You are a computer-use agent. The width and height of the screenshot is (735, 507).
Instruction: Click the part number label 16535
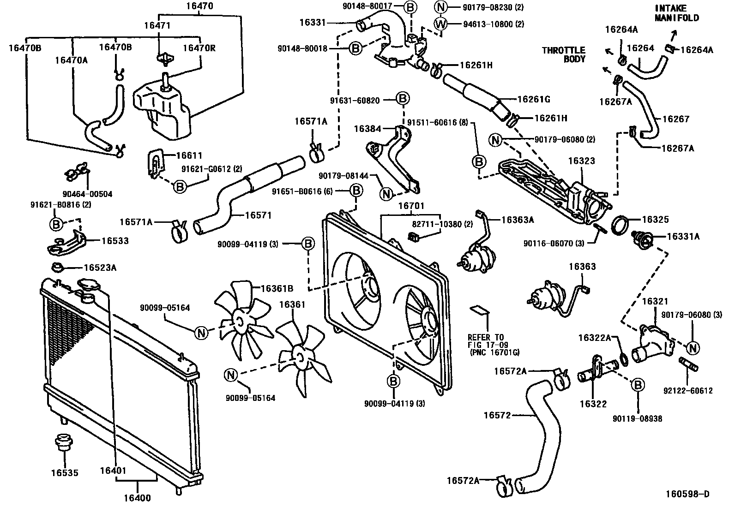[65, 472]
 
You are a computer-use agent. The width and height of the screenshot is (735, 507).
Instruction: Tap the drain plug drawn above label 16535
[61, 442]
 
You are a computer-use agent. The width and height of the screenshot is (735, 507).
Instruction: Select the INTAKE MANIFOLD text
[677, 13]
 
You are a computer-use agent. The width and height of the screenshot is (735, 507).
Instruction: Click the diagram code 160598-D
[687, 494]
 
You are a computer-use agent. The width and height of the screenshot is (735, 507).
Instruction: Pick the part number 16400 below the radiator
[137, 498]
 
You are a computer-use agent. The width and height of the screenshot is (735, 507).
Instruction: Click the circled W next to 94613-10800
[441, 24]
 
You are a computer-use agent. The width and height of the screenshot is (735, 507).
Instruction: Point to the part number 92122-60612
[688, 391]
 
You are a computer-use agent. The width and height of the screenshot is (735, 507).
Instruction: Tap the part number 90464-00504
[88, 194]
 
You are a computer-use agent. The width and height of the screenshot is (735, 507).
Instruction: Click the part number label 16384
[367, 129]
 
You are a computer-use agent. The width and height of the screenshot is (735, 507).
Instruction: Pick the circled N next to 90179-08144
[386, 194]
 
